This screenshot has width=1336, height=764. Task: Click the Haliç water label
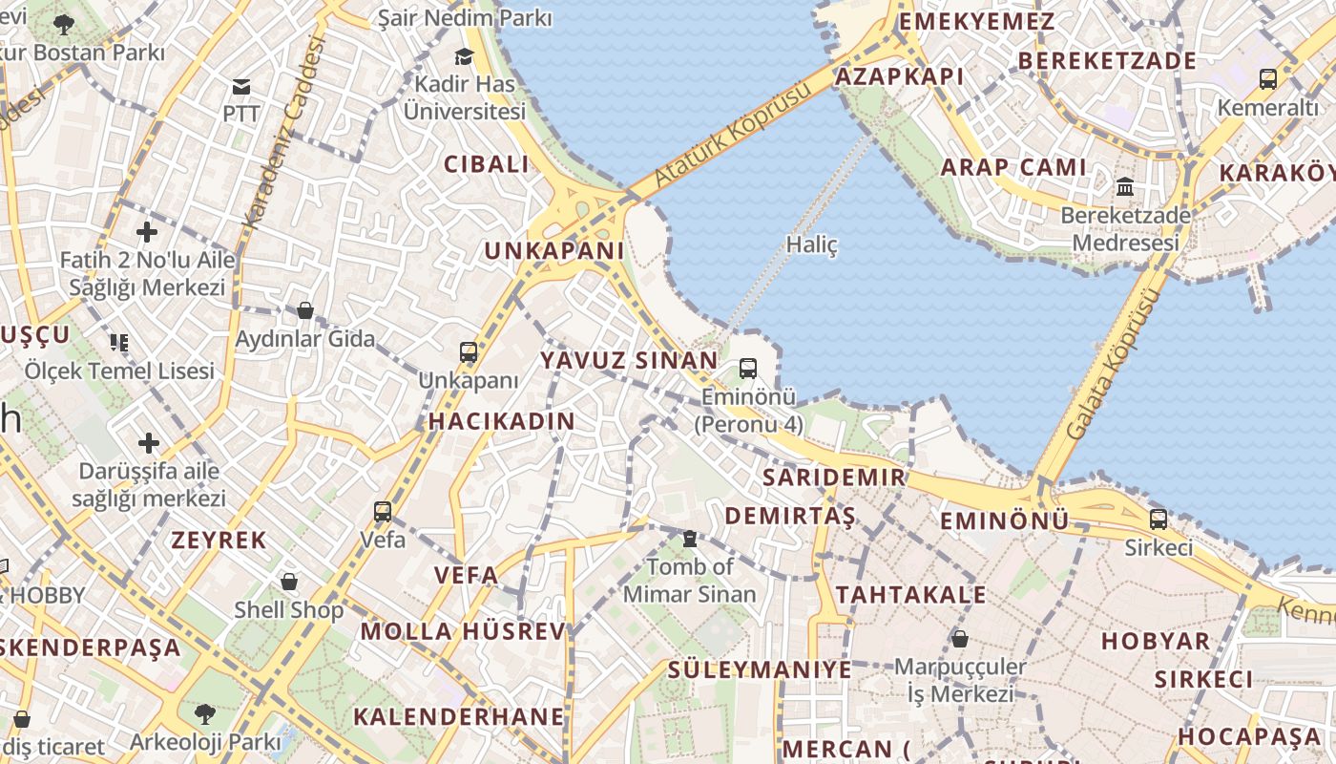click(x=811, y=244)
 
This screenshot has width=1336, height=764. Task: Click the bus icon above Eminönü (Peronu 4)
click(x=748, y=369)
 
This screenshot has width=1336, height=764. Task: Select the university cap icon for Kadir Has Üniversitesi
click(x=465, y=57)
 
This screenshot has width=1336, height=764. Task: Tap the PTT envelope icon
click(x=241, y=87)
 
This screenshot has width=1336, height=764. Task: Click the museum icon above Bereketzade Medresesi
click(x=1125, y=187)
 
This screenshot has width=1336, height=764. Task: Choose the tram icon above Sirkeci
click(x=1158, y=520)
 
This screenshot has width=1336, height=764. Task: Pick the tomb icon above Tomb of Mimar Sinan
click(x=689, y=540)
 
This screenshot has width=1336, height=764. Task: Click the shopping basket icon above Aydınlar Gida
click(x=305, y=310)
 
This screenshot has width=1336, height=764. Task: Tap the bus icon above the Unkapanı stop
click(x=469, y=352)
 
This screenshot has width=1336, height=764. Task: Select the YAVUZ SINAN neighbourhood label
click(x=629, y=361)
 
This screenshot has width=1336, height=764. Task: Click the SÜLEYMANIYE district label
click(x=760, y=669)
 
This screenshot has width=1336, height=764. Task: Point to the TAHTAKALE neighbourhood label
click(x=910, y=595)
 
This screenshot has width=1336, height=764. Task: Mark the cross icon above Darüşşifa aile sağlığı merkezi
click(x=149, y=443)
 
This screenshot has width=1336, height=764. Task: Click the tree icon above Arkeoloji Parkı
click(x=204, y=713)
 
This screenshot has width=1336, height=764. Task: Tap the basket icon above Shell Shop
click(x=289, y=582)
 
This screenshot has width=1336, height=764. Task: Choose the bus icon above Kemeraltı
click(x=1267, y=79)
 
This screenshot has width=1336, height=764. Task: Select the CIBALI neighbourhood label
click(x=487, y=164)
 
